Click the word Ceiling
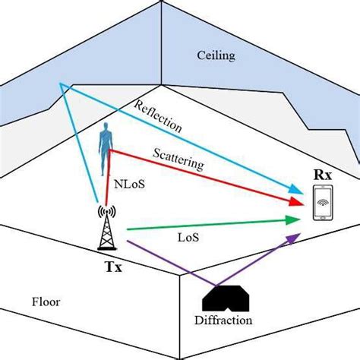click(x=215, y=55)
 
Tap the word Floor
click(x=45, y=302)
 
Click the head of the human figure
click(x=107, y=132)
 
